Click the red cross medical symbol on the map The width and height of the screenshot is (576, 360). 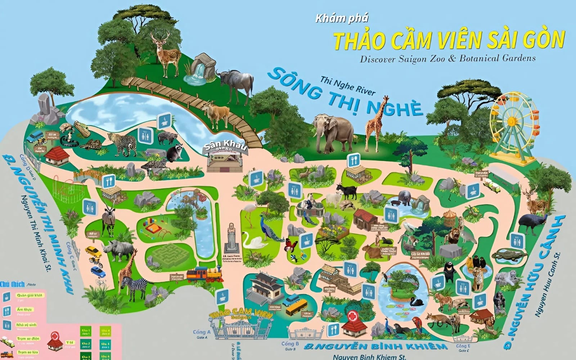352,317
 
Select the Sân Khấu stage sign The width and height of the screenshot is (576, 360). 225,147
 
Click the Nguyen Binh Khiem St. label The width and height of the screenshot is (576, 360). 369,357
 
